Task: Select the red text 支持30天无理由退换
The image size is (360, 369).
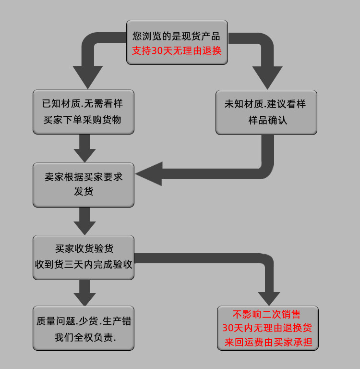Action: [x=177, y=50]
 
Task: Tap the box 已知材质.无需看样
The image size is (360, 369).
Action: [x=83, y=111]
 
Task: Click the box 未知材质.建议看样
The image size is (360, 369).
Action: [x=266, y=111]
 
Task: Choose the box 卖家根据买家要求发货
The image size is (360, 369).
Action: [x=83, y=184]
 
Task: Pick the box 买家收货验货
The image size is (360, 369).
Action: [x=83, y=257]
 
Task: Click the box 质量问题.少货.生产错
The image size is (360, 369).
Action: [x=83, y=328]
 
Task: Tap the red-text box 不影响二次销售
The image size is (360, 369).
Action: [x=267, y=328]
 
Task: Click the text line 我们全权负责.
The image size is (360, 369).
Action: [x=85, y=337]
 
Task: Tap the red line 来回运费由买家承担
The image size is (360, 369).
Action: [x=268, y=343]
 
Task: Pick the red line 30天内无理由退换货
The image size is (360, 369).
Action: [x=267, y=329]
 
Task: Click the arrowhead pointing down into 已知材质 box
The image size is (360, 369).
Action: [x=87, y=77]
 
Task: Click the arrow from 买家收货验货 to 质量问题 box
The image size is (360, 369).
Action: [x=84, y=292]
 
